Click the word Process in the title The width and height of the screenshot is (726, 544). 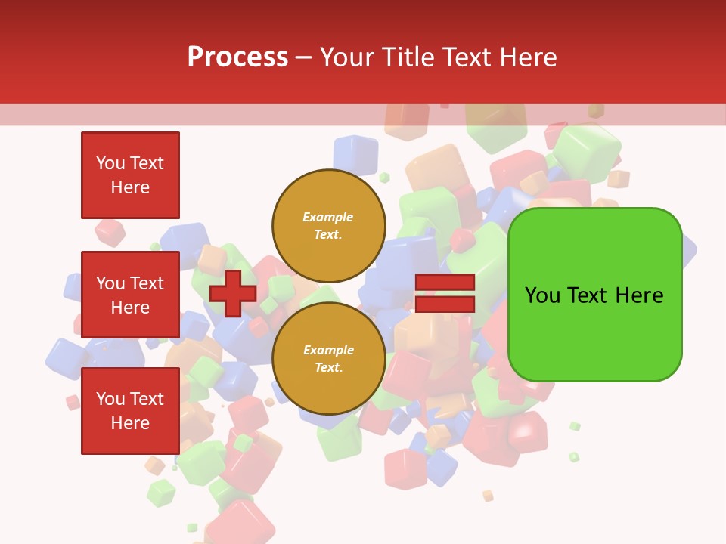pos(237,57)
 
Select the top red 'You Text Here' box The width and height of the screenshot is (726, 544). pos(130,175)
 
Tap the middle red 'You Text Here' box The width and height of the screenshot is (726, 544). pos(130,295)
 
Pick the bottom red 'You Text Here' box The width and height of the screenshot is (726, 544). pos(130,411)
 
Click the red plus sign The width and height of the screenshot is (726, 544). pos(233,293)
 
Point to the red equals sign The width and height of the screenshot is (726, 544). pos(445,293)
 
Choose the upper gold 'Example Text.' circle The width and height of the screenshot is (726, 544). pos(329,225)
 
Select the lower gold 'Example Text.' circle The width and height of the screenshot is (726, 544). pos(329,358)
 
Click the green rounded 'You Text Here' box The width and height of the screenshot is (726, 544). pos(594,295)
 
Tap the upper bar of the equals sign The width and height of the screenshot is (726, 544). pos(445,283)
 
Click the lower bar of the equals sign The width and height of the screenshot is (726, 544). pos(445,304)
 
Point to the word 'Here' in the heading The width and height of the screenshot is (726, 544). pos(528,57)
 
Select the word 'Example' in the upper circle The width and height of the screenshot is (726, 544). pos(328,217)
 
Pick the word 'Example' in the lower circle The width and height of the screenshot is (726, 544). pos(328,350)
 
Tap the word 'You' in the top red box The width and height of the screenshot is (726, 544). pos(110,163)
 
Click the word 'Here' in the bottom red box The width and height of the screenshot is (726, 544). pos(130,423)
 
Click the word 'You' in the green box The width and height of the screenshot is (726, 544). pos(542,295)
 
